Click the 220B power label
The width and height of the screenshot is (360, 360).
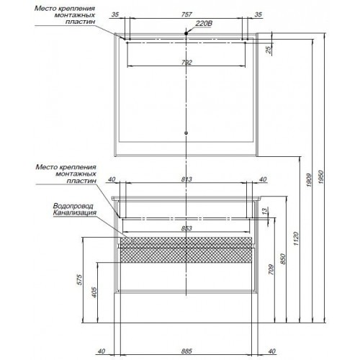point(204,24)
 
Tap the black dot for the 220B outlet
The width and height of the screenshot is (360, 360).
point(186,33)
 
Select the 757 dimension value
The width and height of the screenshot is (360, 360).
point(186,14)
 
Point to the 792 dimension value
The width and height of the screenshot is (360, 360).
point(186,63)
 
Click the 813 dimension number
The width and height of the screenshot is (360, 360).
point(186,179)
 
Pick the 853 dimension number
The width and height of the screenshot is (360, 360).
point(186,228)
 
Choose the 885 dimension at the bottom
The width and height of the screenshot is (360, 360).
point(186,351)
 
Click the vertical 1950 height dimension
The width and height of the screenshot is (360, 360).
point(322,177)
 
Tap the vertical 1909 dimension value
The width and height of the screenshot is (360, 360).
point(309,180)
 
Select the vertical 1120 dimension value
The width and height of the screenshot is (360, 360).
point(297,238)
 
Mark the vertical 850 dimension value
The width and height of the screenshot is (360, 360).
point(283,258)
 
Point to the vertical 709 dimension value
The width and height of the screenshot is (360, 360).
point(271,269)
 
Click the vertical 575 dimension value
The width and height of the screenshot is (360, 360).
point(79,279)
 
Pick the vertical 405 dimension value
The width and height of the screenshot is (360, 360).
point(94,292)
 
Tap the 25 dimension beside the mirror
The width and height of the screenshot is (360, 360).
point(269,49)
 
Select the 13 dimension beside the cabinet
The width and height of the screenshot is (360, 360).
point(264,211)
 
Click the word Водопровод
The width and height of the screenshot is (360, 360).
point(73,206)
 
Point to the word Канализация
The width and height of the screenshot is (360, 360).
point(75,212)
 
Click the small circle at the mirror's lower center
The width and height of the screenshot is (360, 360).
point(186,133)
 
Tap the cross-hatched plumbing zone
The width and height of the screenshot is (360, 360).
point(186,250)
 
